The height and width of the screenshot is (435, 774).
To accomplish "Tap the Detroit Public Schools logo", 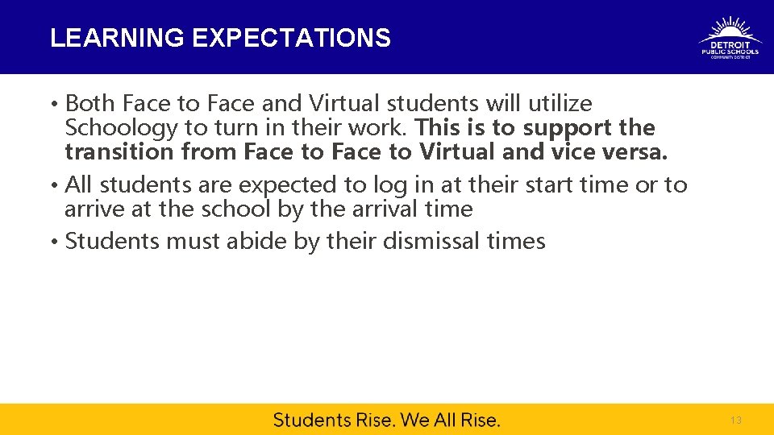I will click(x=730, y=38).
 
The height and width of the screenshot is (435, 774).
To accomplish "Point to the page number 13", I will click(x=735, y=420).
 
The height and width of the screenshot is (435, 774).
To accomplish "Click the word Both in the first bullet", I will click(x=89, y=104).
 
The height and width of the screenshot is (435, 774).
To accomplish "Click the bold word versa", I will click(x=639, y=151).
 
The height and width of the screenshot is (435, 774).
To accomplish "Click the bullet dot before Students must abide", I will click(x=53, y=242).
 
